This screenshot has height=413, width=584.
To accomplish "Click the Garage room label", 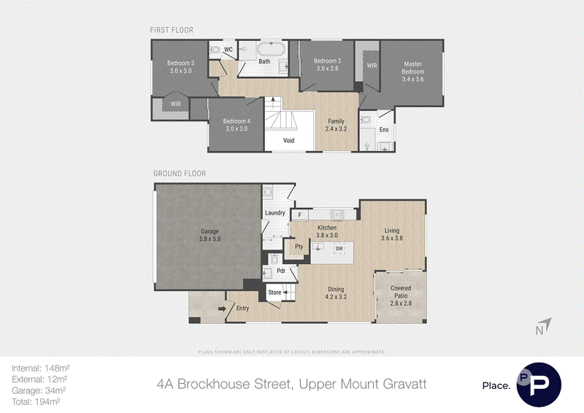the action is [210, 231].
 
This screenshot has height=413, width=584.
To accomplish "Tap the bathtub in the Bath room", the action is [272, 49].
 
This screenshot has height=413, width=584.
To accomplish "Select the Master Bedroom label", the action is [412, 67].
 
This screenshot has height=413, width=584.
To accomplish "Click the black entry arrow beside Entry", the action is [222, 309].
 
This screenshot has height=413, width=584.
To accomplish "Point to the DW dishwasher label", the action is [339, 248].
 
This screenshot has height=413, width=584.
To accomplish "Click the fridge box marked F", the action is [300, 215].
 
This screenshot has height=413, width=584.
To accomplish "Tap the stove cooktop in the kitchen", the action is [337, 215].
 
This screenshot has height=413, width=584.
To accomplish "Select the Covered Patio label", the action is [401, 292].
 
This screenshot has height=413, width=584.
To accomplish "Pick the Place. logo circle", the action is [539, 385].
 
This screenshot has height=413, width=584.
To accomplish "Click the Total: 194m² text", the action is [36, 401].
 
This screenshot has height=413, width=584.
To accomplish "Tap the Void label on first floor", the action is [288, 140].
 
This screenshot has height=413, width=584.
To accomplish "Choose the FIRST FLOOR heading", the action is [172, 30].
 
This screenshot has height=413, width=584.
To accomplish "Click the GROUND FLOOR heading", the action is [180, 173].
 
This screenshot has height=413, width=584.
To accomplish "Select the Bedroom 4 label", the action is [237, 121].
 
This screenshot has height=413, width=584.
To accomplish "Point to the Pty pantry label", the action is [299, 247].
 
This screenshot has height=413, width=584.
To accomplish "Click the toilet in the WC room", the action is [215, 50].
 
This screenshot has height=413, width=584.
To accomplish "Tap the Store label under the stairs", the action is [274, 293].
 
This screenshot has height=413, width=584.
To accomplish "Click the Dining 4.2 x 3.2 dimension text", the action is [336, 297].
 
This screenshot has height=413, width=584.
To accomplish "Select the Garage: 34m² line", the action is [39, 390].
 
